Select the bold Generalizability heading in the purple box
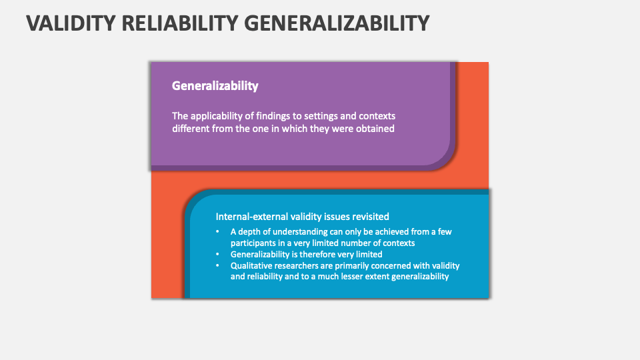215,86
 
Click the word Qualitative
253,265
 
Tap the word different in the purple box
191,128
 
